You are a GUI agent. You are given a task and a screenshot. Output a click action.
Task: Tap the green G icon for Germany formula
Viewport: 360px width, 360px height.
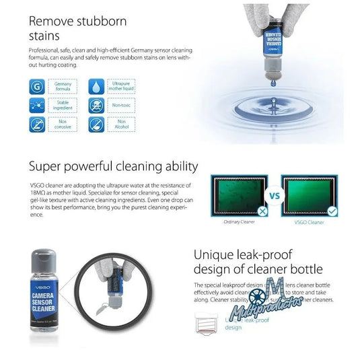(38, 86)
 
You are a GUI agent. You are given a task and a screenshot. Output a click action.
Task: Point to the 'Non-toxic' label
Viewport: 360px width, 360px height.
(121, 105)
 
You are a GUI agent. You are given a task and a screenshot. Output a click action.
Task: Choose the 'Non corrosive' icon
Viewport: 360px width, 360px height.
(38, 124)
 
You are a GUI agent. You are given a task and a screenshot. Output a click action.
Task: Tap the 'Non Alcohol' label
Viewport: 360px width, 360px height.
(121, 124)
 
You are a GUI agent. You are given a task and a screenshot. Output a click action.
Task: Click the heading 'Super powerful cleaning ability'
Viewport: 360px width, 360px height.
(113, 166)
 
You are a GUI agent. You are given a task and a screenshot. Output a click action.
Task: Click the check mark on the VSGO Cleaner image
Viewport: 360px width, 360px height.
(332, 211)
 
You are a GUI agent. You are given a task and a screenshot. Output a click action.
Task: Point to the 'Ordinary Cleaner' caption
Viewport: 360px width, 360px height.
(239, 222)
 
